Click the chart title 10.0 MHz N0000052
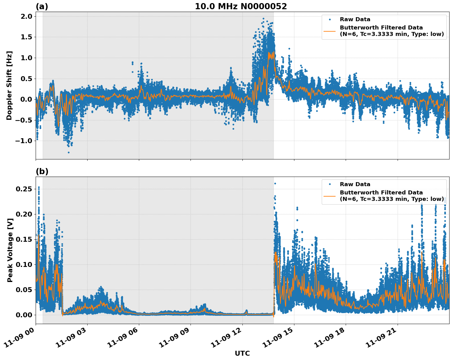[x=241, y=6]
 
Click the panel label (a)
[x=42, y=6]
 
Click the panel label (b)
[x=42, y=171]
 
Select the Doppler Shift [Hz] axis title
[x=9, y=85]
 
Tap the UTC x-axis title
[x=242, y=353]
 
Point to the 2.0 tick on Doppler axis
[x=26, y=16]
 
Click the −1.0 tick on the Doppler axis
[x=24, y=141]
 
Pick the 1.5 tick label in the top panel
[x=26, y=37]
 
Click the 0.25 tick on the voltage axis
[x=24, y=189]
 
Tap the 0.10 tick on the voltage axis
[x=24, y=265]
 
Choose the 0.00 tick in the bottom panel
[x=24, y=315]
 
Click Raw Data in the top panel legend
[x=355, y=19]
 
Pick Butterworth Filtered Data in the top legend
[x=381, y=28]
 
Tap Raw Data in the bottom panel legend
[x=355, y=184]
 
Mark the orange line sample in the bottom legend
[x=330, y=196]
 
